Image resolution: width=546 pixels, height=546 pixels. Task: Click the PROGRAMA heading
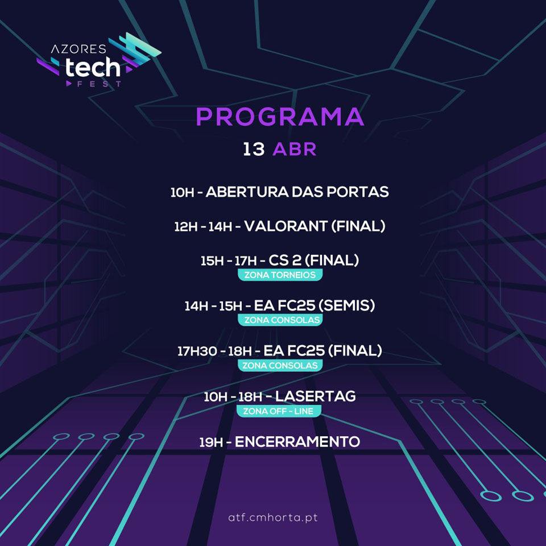point(280,117)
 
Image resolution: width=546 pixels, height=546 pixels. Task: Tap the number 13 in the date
point(254,150)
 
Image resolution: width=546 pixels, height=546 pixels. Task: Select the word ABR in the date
point(294,150)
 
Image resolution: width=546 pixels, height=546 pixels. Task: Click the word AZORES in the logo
point(78,49)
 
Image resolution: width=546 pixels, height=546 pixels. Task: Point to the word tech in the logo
point(93,67)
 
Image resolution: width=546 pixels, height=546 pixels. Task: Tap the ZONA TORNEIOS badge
point(280,275)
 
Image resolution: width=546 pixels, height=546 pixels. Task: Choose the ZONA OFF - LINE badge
point(279,411)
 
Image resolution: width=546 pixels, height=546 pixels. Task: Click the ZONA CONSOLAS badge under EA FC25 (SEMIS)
point(280,320)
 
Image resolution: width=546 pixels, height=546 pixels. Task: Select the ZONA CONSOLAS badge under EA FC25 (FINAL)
point(280,365)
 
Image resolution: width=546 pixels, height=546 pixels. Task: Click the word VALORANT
point(286,226)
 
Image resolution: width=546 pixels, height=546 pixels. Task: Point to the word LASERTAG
point(316,396)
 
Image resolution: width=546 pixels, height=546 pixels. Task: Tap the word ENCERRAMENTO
point(297,442)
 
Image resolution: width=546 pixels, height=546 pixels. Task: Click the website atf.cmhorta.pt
point(273,518)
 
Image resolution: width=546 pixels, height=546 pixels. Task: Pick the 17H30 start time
point(197,351)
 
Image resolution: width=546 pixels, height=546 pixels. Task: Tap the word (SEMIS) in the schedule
point(347,305)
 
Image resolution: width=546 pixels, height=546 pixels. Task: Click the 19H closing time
point(211,442)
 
